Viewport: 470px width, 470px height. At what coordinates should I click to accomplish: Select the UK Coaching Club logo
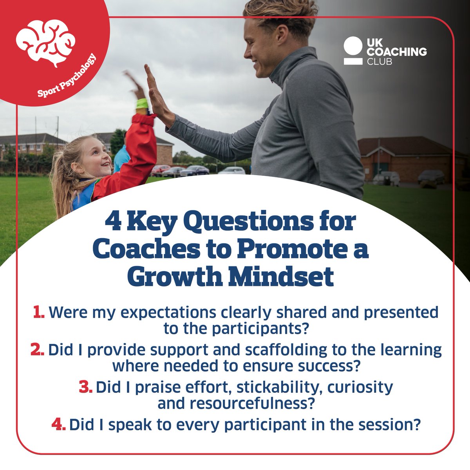coord(385,51)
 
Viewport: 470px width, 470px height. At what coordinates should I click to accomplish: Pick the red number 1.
coord(38,313)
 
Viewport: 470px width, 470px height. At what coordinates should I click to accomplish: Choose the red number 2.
coord(38,350)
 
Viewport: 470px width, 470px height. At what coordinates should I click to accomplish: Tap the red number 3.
coord(85,387)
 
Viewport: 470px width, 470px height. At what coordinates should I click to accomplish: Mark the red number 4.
coord(58,425)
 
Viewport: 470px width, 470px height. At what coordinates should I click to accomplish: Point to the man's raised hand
coord(155,92)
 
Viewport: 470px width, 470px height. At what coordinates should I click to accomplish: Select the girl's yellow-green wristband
coord(142,104)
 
